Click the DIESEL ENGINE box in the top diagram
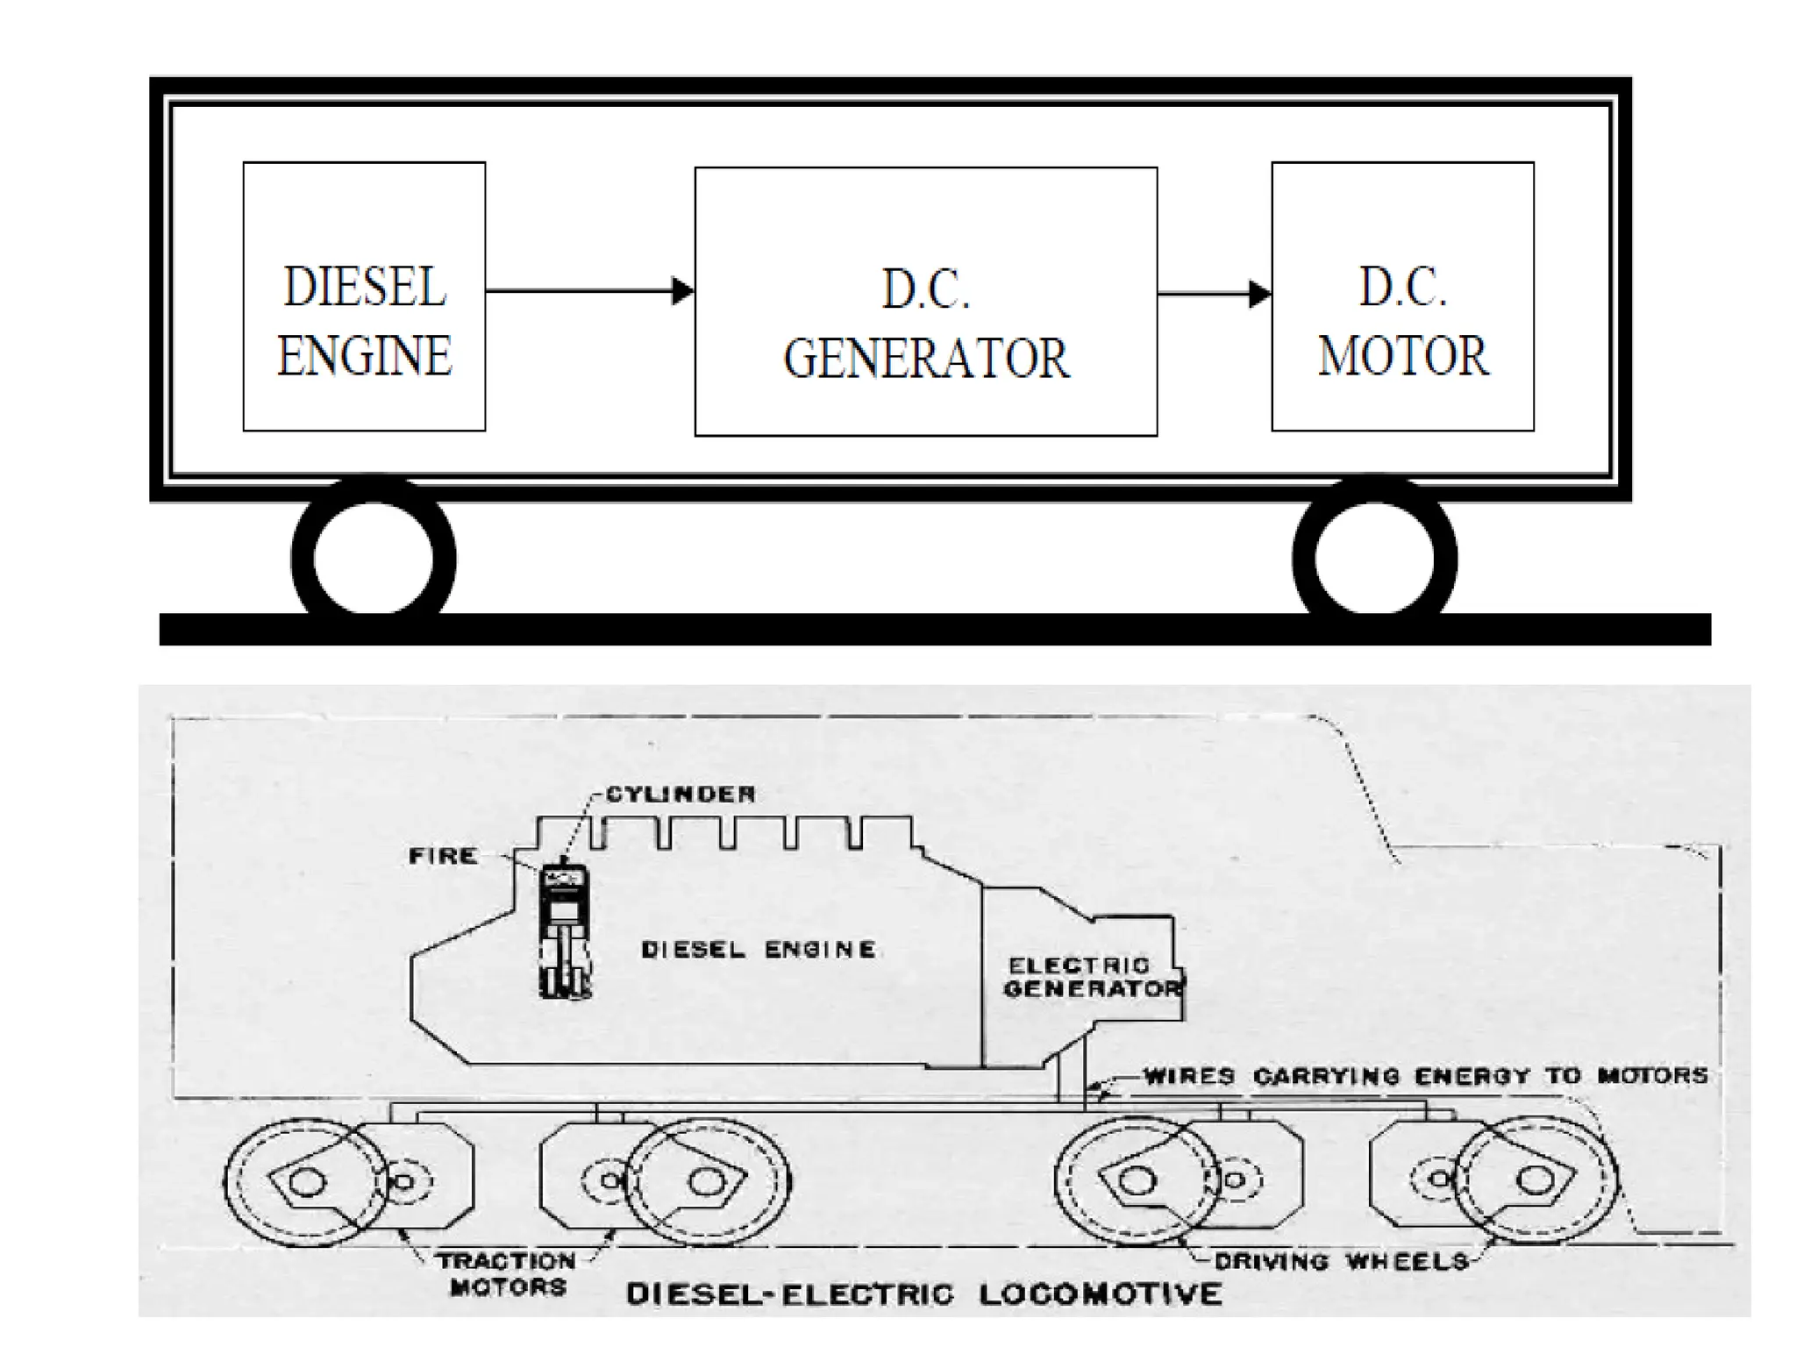[364, 296]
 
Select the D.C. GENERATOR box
[926, 302]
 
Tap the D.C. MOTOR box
[1402, 296]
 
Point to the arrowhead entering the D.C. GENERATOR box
[682, 290]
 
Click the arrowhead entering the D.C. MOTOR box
[1260, 294]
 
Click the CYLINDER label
[681, 795]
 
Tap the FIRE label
[443, 855]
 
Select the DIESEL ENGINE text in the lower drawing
[759, 950]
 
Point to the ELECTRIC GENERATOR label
[1093, 977]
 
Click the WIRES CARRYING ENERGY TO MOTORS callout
[1426, 1076]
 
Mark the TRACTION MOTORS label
[507, 1274]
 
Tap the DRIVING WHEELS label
[1342, 1262]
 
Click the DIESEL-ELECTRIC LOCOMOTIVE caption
[924, 1294]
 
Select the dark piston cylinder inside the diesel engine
[565, 930]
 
